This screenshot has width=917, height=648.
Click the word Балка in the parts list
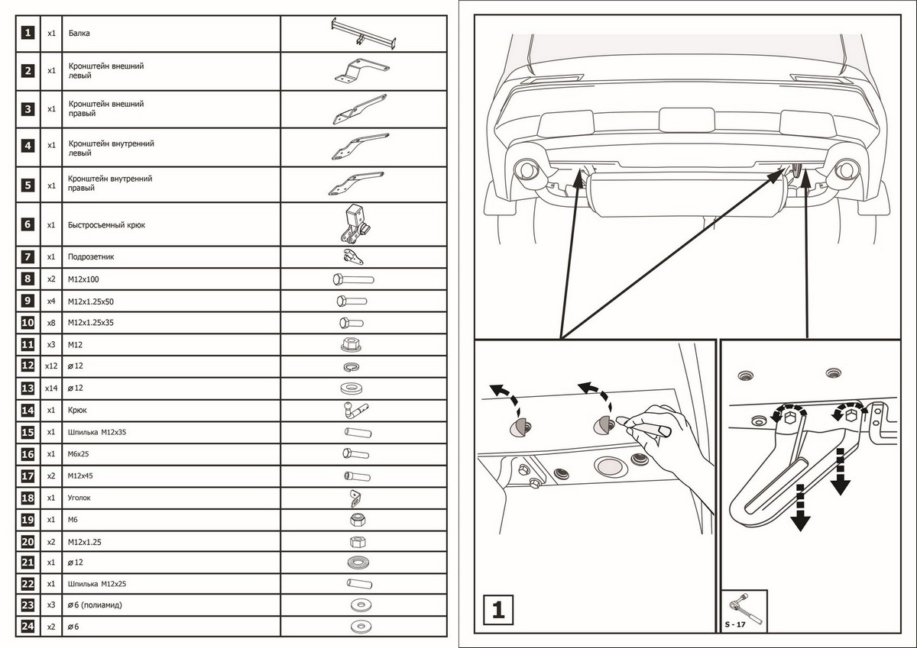pos(79,34)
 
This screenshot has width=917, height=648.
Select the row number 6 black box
pos(28,224)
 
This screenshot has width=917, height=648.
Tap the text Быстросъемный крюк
pos(106,225)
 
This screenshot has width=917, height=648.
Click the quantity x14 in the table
pos(51,388)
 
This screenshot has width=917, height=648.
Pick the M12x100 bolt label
pos(83,279)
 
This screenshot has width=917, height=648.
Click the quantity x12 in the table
pos(51,366)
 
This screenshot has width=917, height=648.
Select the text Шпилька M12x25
pos(97,584)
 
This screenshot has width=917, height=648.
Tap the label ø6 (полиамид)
pos(95,605)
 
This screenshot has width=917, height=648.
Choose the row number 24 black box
pos(28,627)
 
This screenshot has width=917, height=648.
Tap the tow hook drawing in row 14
pos(355,410)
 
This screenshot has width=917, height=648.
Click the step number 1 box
pos(497,611)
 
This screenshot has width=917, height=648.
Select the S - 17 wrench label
pos(735,625)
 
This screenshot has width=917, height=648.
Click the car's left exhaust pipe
pos(527,169)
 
